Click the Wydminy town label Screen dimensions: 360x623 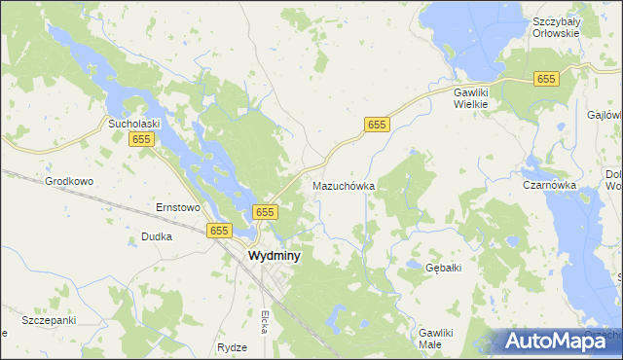[x=275, y=256]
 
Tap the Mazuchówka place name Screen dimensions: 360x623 [x=344, y=185]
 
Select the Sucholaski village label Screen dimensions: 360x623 [x=133, y=125]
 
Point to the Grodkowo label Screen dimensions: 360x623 [x=69, y=181]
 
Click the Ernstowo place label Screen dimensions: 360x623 [x=178, y=207]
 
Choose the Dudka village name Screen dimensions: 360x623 [x=157, y=236]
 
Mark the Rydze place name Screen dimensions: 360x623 [x=233, y=347]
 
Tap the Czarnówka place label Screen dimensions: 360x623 [x=549, y=185]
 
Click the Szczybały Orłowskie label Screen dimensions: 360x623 [x=556, y=26]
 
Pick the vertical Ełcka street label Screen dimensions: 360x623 [x=264, y=322]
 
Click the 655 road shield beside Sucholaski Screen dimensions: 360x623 [x=141, y=140]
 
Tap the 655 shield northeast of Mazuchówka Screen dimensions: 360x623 [x=378, y=125]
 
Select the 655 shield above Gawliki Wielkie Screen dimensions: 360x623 [x=545, y=79]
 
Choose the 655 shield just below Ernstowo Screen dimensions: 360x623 [x=218, y=231]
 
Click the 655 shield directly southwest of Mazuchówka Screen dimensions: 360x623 [x=266, y=211]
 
